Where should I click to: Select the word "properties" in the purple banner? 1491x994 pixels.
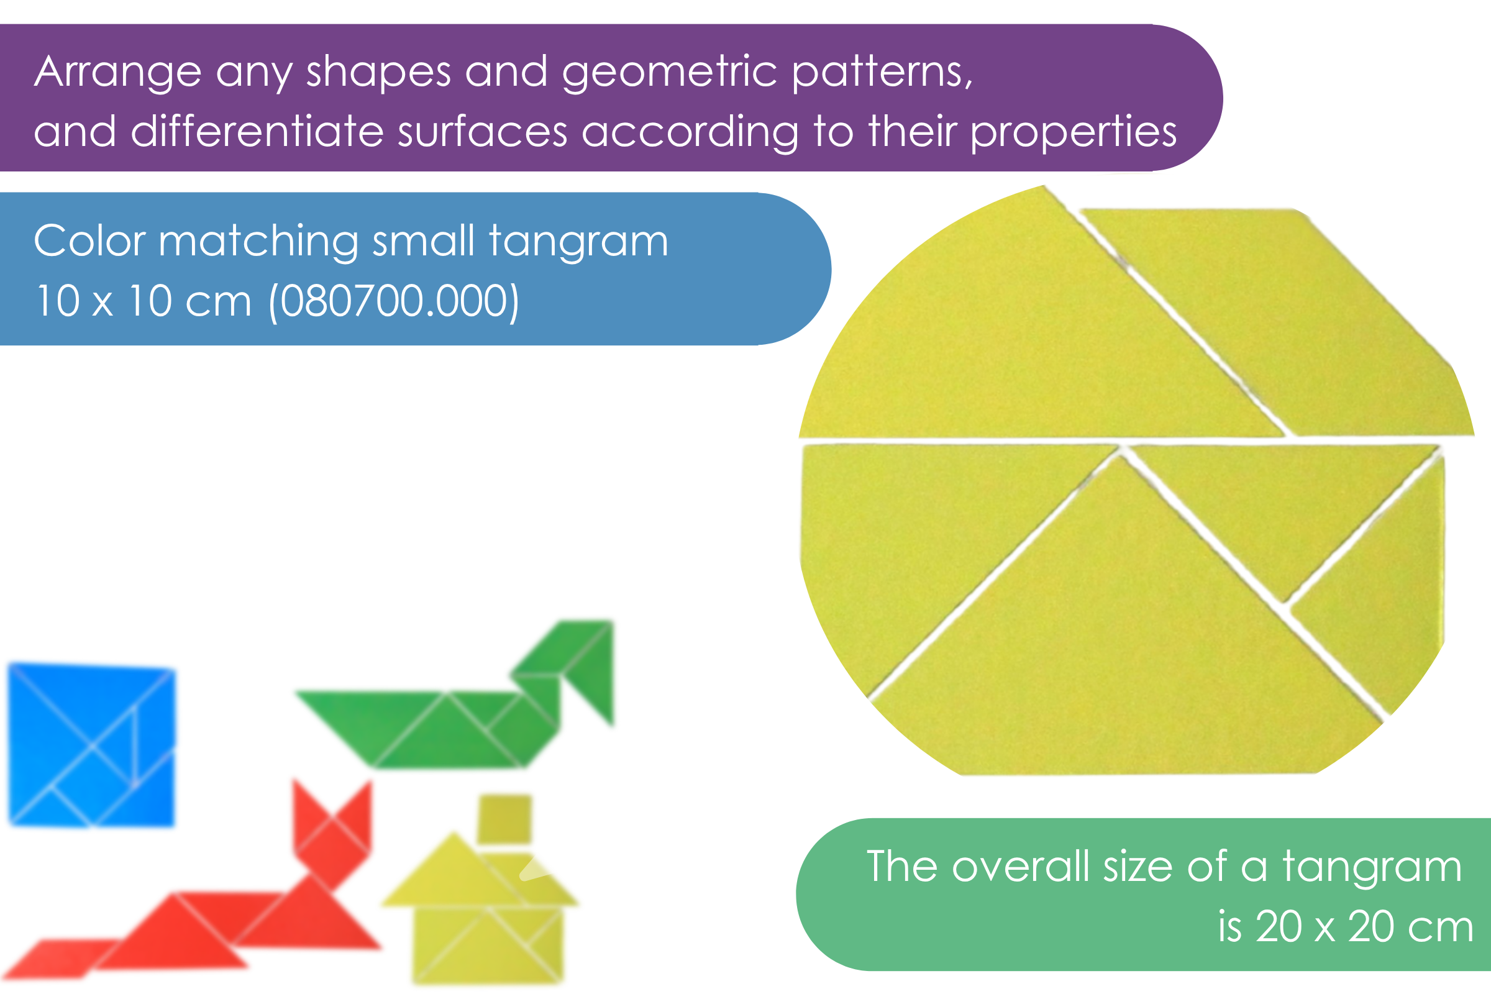(1074, 133)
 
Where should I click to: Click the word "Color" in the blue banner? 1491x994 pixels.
(90, 241)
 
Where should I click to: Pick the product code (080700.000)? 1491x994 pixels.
(394, 301)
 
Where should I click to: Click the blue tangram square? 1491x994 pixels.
(92, 745)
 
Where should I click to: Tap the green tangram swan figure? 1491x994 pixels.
(455, 695)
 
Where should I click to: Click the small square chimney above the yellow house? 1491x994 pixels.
(504, 818)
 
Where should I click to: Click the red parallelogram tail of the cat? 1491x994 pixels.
(60, 958)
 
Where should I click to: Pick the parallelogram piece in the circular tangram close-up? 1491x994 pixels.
(1277, 322)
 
